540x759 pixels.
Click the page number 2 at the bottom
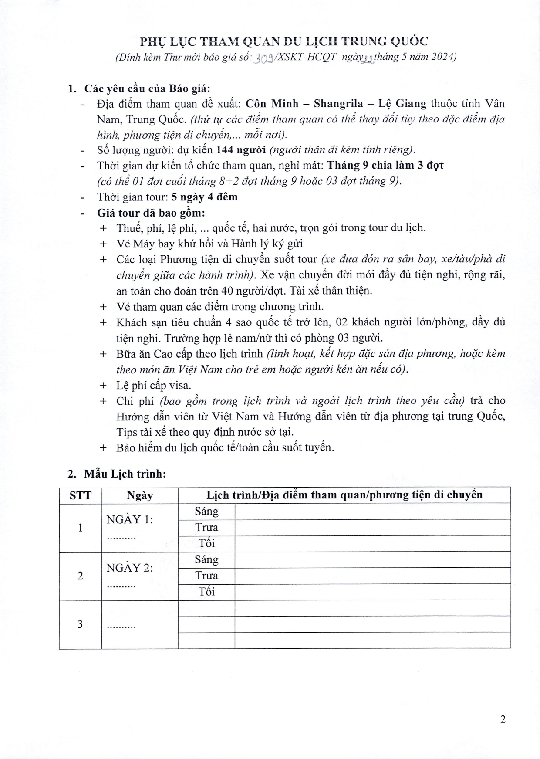coord(503,719)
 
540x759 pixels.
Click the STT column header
coord(80,495)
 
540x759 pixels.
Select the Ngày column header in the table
coord(140,495)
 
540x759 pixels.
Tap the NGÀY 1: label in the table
coord(130,519)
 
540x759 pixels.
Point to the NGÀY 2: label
coord(130,568)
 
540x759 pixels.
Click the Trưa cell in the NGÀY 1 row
coord(206,527)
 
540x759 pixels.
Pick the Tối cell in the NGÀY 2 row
coord(206,592)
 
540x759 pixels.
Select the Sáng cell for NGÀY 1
coord(206,511)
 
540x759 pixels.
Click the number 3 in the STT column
coord(80,624)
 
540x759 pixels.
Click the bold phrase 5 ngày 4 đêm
coord(204,197)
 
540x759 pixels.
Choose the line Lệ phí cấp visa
coord(154,385)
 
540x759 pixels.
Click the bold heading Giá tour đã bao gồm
coord(151,213)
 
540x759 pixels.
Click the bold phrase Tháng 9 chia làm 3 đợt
coord(385,166)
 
